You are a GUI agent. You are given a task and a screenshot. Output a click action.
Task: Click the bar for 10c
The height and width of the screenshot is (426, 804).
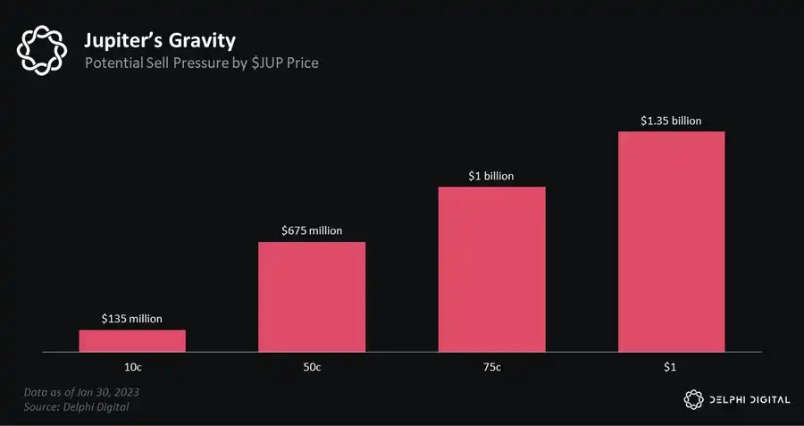pyautogui.click(x=132, y=341)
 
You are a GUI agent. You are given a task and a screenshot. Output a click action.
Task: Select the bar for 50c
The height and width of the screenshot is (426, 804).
pyautogui.click(x=312, y=297)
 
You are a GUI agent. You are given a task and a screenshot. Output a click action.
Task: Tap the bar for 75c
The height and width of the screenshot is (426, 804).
pyautogui.click(x=491, y=270)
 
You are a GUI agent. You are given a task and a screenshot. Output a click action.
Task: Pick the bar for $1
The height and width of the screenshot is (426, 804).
pyautogui.click(x=671, y=242)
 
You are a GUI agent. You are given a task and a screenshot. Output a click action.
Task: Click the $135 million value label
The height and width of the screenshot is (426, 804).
pyautogui.click(x=132, y=317)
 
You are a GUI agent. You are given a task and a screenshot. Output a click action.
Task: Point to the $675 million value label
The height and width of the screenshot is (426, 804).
pyautogui.click(x=312, y=230)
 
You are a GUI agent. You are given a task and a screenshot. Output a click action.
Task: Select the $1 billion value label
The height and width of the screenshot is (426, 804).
pyautogui.click(x=491, y=176)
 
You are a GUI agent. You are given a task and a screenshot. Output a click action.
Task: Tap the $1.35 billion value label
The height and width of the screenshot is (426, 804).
pyautogui.click(x=671, y=120)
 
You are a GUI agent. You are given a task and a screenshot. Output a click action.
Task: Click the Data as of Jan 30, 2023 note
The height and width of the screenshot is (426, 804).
pyautogui.click(x=82, y=392)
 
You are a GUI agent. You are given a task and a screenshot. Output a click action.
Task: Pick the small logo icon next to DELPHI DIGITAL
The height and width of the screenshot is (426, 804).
pyautogui.click(x=693, y=399)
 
